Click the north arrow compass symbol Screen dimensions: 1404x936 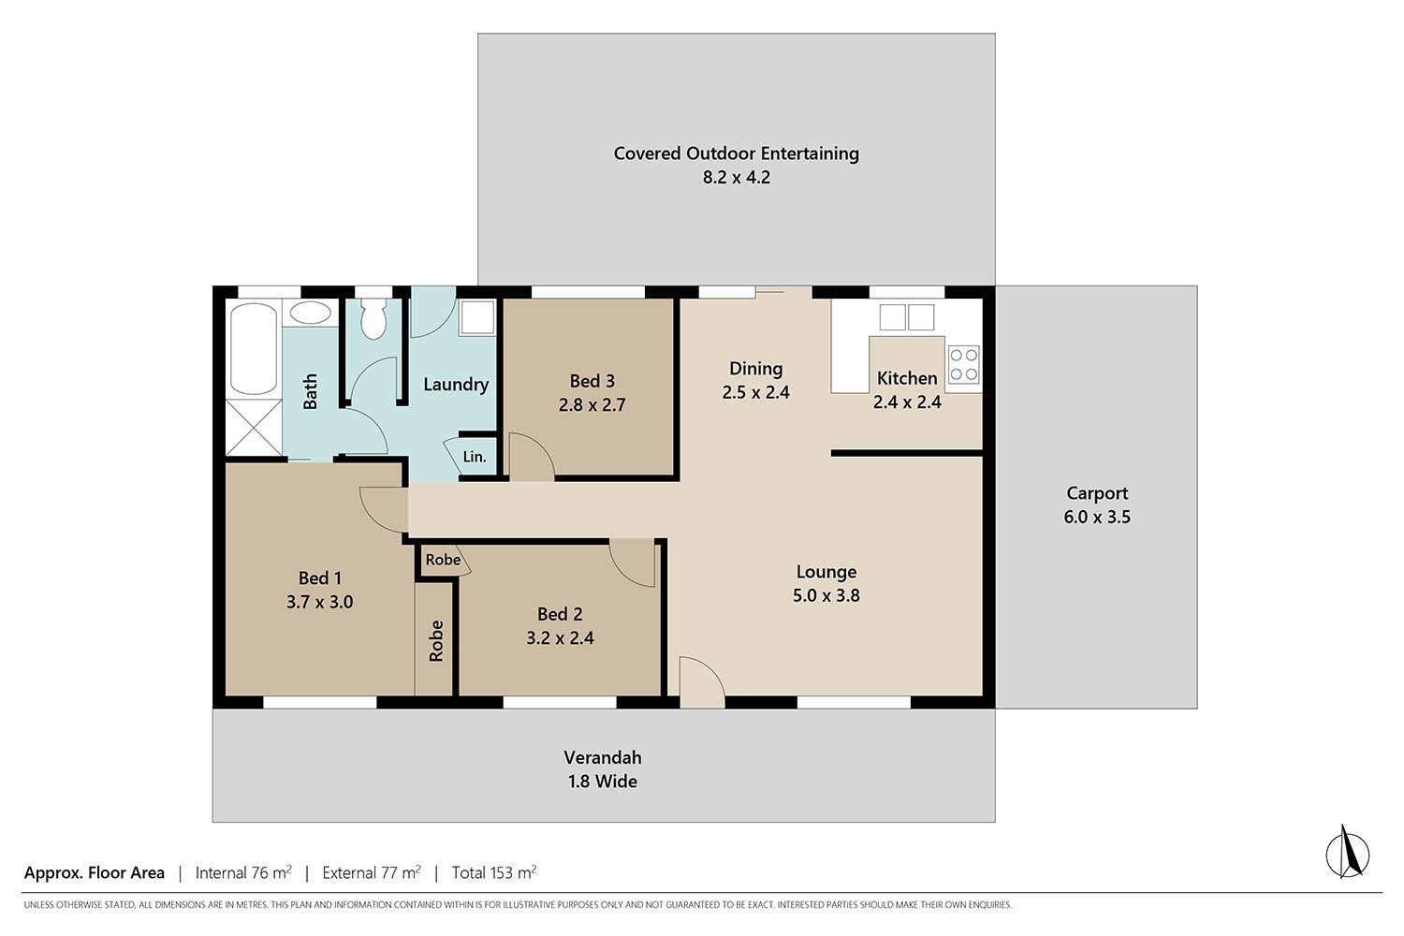coord(1348,853)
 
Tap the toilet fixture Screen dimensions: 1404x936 coord(373,318)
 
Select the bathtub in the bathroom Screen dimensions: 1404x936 coord(254,348)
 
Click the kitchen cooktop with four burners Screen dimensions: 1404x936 coord(964,364)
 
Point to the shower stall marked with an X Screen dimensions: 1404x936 coord(254,428)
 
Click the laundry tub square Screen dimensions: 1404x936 coord(477,317)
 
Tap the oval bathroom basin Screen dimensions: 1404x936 coord(311,313)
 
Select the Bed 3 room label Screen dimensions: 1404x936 coord(592,381)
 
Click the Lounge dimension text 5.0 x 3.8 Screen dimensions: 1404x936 coord(826,595)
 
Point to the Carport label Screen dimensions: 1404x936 coord(1097,493)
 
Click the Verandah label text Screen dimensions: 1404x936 coord(603,758)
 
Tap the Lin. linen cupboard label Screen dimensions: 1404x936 coord(475,457)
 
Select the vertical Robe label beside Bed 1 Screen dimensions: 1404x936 coord(436,641)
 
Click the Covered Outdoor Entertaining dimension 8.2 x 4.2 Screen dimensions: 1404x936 coord(737,178)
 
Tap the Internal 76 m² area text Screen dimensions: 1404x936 coord(243,872)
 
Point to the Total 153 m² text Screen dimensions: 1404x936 coord(494,872)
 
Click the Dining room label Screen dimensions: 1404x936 coord(756,369)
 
